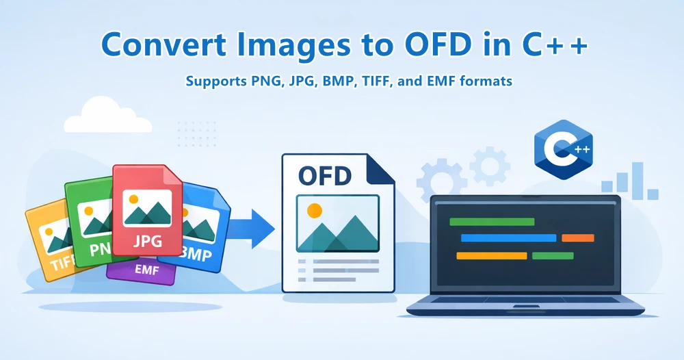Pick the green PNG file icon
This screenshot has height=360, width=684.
tap(89, 219)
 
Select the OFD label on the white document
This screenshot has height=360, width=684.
tap(324, 175)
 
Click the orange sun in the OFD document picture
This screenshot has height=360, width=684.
tap(314, 210)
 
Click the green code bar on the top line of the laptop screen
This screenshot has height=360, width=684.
tap(491, 222)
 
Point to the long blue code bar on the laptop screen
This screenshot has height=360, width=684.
tap(508, 238)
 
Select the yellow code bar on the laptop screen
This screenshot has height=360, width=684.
tap(491, 256)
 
